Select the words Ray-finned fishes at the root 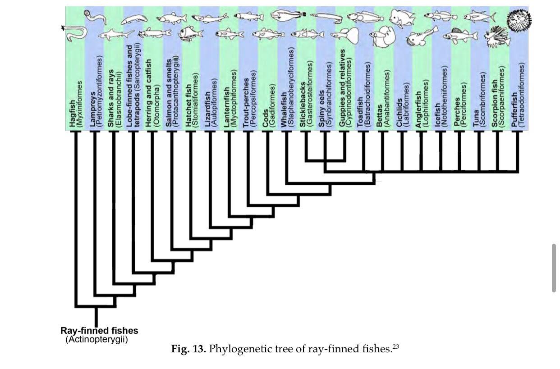tap(99, 331)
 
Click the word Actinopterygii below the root tap(96, 339)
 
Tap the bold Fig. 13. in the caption tap(188, 349)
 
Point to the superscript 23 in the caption tap(396, 346)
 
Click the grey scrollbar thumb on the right tap(554, 268)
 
